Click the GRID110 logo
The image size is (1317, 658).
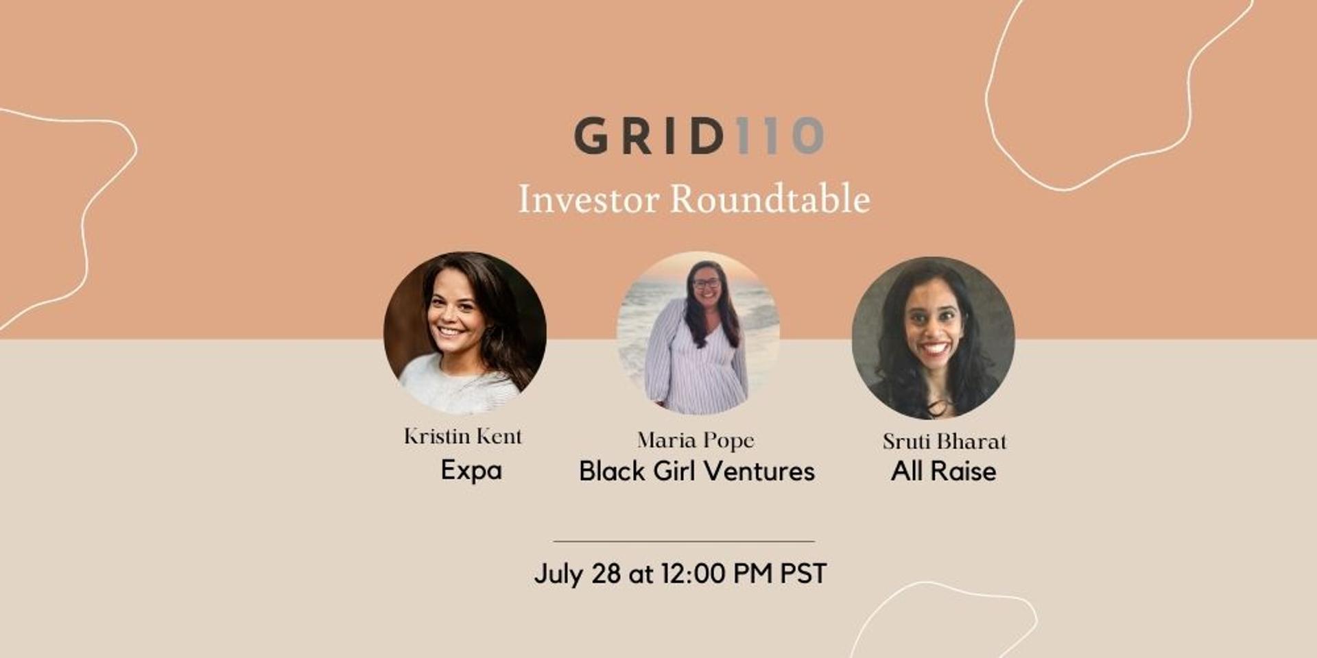click(699, 135)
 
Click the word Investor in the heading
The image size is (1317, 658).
click(589, 199)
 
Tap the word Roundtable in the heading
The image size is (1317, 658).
click(770, 199)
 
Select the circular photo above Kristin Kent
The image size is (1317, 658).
click(465, 333)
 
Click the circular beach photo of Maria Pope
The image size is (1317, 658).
click(698, 333)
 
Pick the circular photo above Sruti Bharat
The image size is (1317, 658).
click(933, 338)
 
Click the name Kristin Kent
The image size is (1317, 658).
click(463, 437)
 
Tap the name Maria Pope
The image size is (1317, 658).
click(696, 441)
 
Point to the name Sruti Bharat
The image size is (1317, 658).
click(945, 441)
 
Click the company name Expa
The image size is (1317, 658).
click(471, 471)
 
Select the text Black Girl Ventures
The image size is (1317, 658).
click(697, 471)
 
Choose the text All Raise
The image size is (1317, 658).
click(944, 471)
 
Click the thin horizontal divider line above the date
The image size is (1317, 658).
click(684, 541)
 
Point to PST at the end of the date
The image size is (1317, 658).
click(803, 574)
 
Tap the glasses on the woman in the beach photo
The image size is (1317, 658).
click(706, 282)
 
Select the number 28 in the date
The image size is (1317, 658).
click(606, 574)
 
